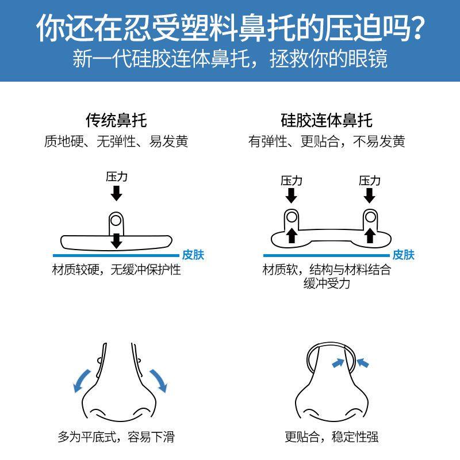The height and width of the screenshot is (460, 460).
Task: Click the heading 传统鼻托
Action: point(116,121)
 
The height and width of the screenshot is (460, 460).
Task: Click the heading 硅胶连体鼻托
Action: point(326,121)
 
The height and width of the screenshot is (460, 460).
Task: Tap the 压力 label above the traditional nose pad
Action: point(116,177)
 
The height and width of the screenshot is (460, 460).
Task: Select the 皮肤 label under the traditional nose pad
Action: point(193,255)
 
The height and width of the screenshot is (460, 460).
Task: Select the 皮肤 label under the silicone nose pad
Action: point(403,255)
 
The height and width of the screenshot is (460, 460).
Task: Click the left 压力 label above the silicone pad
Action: point(292,181)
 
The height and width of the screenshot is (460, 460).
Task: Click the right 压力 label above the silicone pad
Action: point(370,181)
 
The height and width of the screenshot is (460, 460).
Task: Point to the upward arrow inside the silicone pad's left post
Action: point(292,235)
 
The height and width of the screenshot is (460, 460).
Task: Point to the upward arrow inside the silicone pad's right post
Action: point(370,235)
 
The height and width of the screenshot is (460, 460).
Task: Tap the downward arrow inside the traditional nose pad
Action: point(116,240)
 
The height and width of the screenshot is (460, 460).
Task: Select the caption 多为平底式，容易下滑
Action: point(116,437)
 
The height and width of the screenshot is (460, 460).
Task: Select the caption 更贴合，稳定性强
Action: point(331,437)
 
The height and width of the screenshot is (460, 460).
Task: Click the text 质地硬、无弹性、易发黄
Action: point(116,141)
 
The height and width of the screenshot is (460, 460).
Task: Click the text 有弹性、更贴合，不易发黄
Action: point(326,141)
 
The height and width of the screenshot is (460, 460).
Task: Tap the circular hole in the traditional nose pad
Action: point(116,220)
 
